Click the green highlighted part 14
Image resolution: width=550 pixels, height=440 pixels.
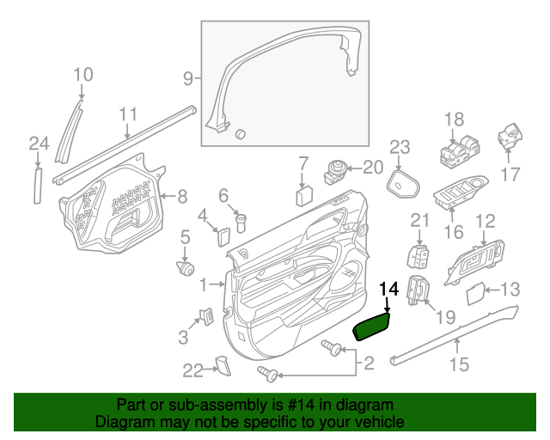tap(374, 327)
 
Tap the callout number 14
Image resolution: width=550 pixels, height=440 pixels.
tap(388, 290)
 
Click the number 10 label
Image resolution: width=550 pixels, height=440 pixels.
tap(82, 75)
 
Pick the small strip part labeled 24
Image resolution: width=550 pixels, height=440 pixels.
tap(37, 185)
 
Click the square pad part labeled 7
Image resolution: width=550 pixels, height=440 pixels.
tap(304, 195)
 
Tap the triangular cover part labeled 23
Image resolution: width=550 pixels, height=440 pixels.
tap(402, 184)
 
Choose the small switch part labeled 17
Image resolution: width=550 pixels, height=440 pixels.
tap(511, 137)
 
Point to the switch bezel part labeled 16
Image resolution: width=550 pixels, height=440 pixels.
tap(460, 198)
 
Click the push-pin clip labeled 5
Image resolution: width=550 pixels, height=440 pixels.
tap(184, 268)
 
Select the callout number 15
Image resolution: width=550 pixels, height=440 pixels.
tap(459, 365)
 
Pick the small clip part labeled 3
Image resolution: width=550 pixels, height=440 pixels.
tap(207, 315)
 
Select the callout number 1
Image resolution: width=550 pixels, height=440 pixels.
tap(204, 284)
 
